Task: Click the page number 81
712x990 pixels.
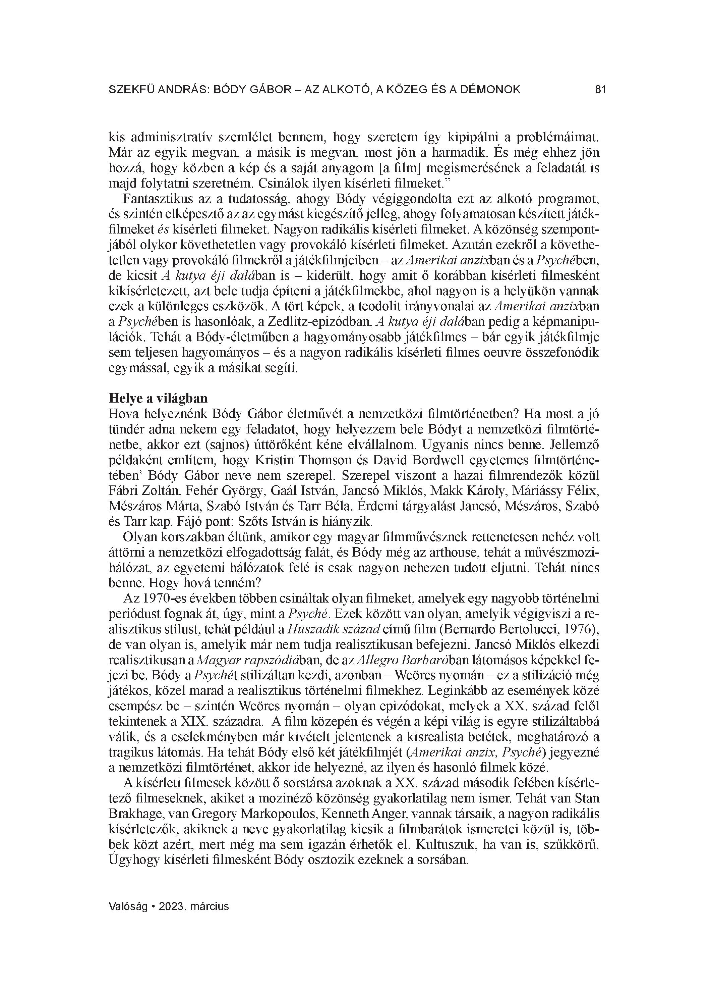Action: pos(600,90)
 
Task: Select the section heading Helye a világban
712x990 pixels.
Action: pos(158,398)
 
